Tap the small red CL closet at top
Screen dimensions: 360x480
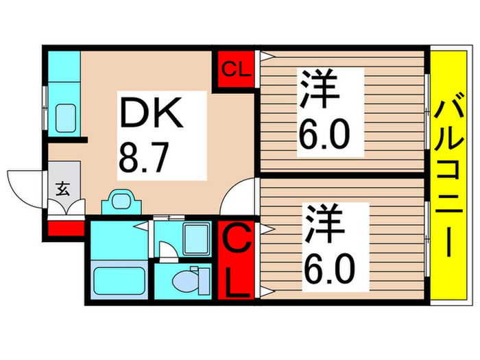235,69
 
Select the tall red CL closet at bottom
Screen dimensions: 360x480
235,261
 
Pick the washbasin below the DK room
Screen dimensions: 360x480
122,202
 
